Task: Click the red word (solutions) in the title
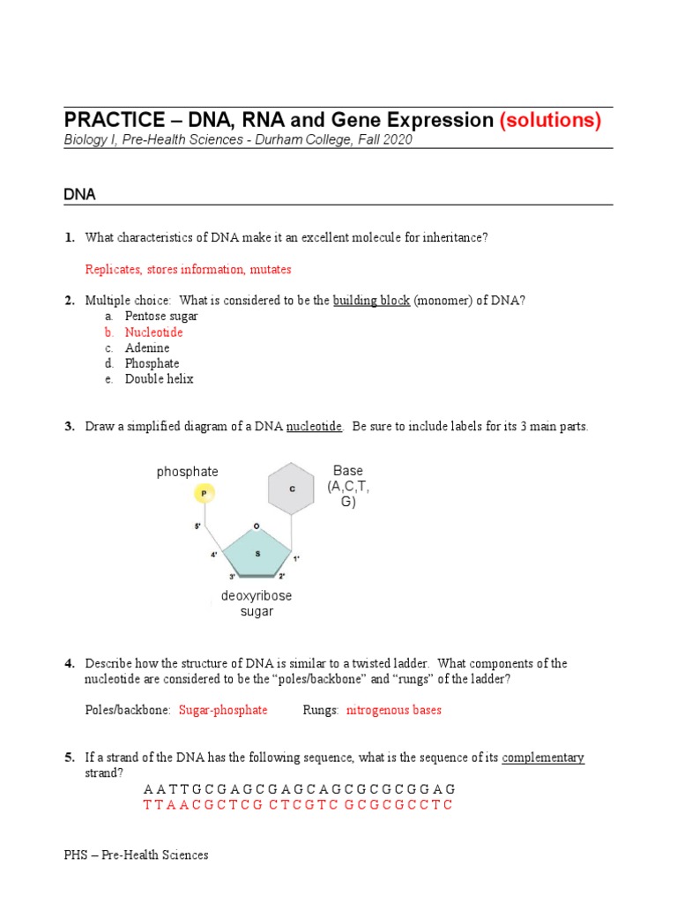point(550,121)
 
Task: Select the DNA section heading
point(79,193)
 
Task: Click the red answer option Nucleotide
point(153,332)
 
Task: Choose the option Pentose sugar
point(160,316)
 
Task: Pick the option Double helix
point(159,379)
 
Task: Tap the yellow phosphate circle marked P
point(205,495)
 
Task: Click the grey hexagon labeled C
point(291,488)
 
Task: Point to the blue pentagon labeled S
point(257,554)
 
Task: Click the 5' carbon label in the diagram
point(198,526)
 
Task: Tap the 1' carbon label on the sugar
point(297,558)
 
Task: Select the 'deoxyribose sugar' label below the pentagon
point(256,604)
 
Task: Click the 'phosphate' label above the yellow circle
point(187,472)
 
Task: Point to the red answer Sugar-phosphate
point(223,710)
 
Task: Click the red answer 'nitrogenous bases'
point(394,710)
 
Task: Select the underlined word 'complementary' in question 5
point(542,757)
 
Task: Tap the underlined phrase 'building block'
point(371,301)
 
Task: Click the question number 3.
point(69,427)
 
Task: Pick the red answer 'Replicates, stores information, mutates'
point(188,269)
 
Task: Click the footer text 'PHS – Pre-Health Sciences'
point(136,854)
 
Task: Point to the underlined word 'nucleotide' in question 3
point(314,427)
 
